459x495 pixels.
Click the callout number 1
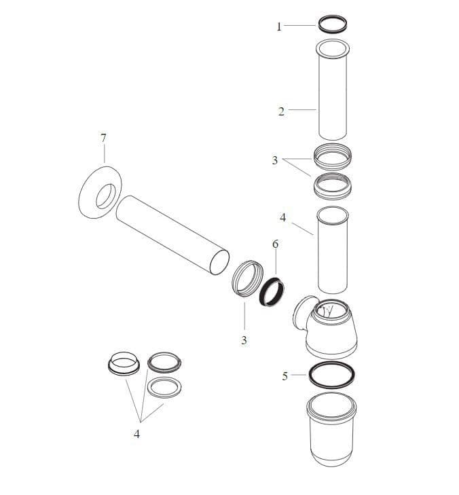coord(278,26)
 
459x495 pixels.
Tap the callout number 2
coord(281,111)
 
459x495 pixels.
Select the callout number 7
coord(103,138)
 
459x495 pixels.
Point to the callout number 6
coord(275,244)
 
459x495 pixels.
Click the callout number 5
coord(285,375)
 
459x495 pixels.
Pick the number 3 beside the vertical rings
coord(275,161)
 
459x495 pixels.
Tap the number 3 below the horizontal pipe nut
coord(244,340)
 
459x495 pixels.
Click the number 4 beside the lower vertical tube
coord(283,218)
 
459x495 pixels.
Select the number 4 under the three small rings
coord(136,434)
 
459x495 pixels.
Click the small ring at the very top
coord(333,24)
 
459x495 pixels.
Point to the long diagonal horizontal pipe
coord(173,234)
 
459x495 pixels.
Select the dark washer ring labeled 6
coord(272,291)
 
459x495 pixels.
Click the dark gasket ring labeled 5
coord(331,374)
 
